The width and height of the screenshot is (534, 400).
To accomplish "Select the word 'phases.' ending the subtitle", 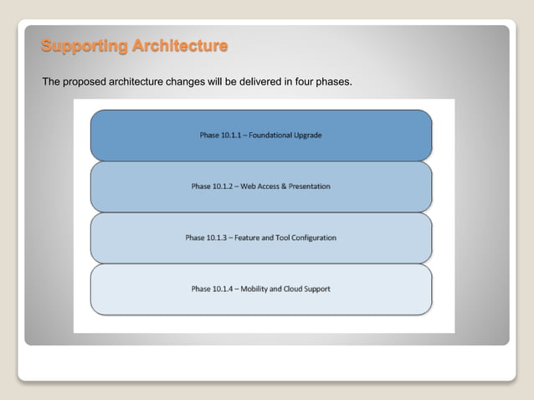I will click(333, 82).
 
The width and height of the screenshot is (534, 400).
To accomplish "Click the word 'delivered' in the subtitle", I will click(244, 82).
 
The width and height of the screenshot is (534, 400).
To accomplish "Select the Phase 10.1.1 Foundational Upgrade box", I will click(260, 135).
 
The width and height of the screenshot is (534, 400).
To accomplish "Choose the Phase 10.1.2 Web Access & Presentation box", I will click(260, 186).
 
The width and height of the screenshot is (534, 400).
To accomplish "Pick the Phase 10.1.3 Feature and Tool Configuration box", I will click(260, 238).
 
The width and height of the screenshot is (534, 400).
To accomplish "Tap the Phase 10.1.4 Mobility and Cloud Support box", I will click(260, 289).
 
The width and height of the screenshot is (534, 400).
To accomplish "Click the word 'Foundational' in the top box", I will click(272, 135).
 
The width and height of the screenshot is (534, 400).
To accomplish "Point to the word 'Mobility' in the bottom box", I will click(257, 289).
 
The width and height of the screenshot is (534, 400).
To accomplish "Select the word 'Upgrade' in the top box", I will click(309, 135).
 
